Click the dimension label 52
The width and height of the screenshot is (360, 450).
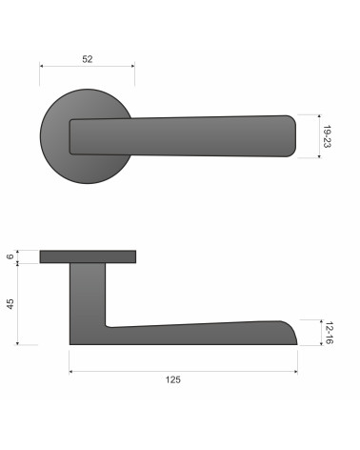[88, 59]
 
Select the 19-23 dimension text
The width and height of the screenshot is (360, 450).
[327, 136]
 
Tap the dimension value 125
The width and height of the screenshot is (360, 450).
[173, 379]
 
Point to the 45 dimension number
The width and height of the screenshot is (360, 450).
[10, 304]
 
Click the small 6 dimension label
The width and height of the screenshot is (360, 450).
[10, 256]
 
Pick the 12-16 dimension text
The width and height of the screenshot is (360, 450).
[330, 333]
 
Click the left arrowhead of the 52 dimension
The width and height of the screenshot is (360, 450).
[41, 66]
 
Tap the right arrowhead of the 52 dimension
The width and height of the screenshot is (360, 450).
[132, 66]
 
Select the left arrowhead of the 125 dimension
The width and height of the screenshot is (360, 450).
[71, 371]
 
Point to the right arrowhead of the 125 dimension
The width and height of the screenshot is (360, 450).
[295, 371]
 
